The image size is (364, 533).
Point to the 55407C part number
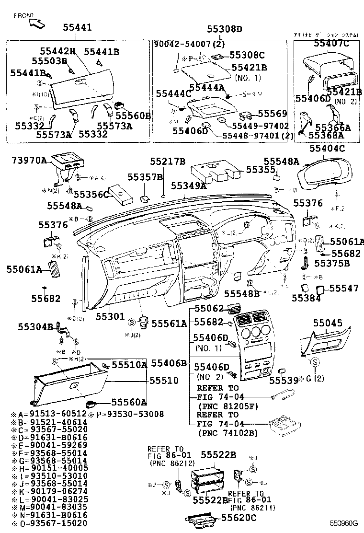coord(331,44)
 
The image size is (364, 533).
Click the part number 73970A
coord(29,160)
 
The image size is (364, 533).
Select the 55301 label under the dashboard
coord(110,317)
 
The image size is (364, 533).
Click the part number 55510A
coord(129,365)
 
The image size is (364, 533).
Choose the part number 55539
coord(284,380)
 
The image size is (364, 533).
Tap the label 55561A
coord(169,324)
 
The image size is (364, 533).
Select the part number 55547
coord(344,288)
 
